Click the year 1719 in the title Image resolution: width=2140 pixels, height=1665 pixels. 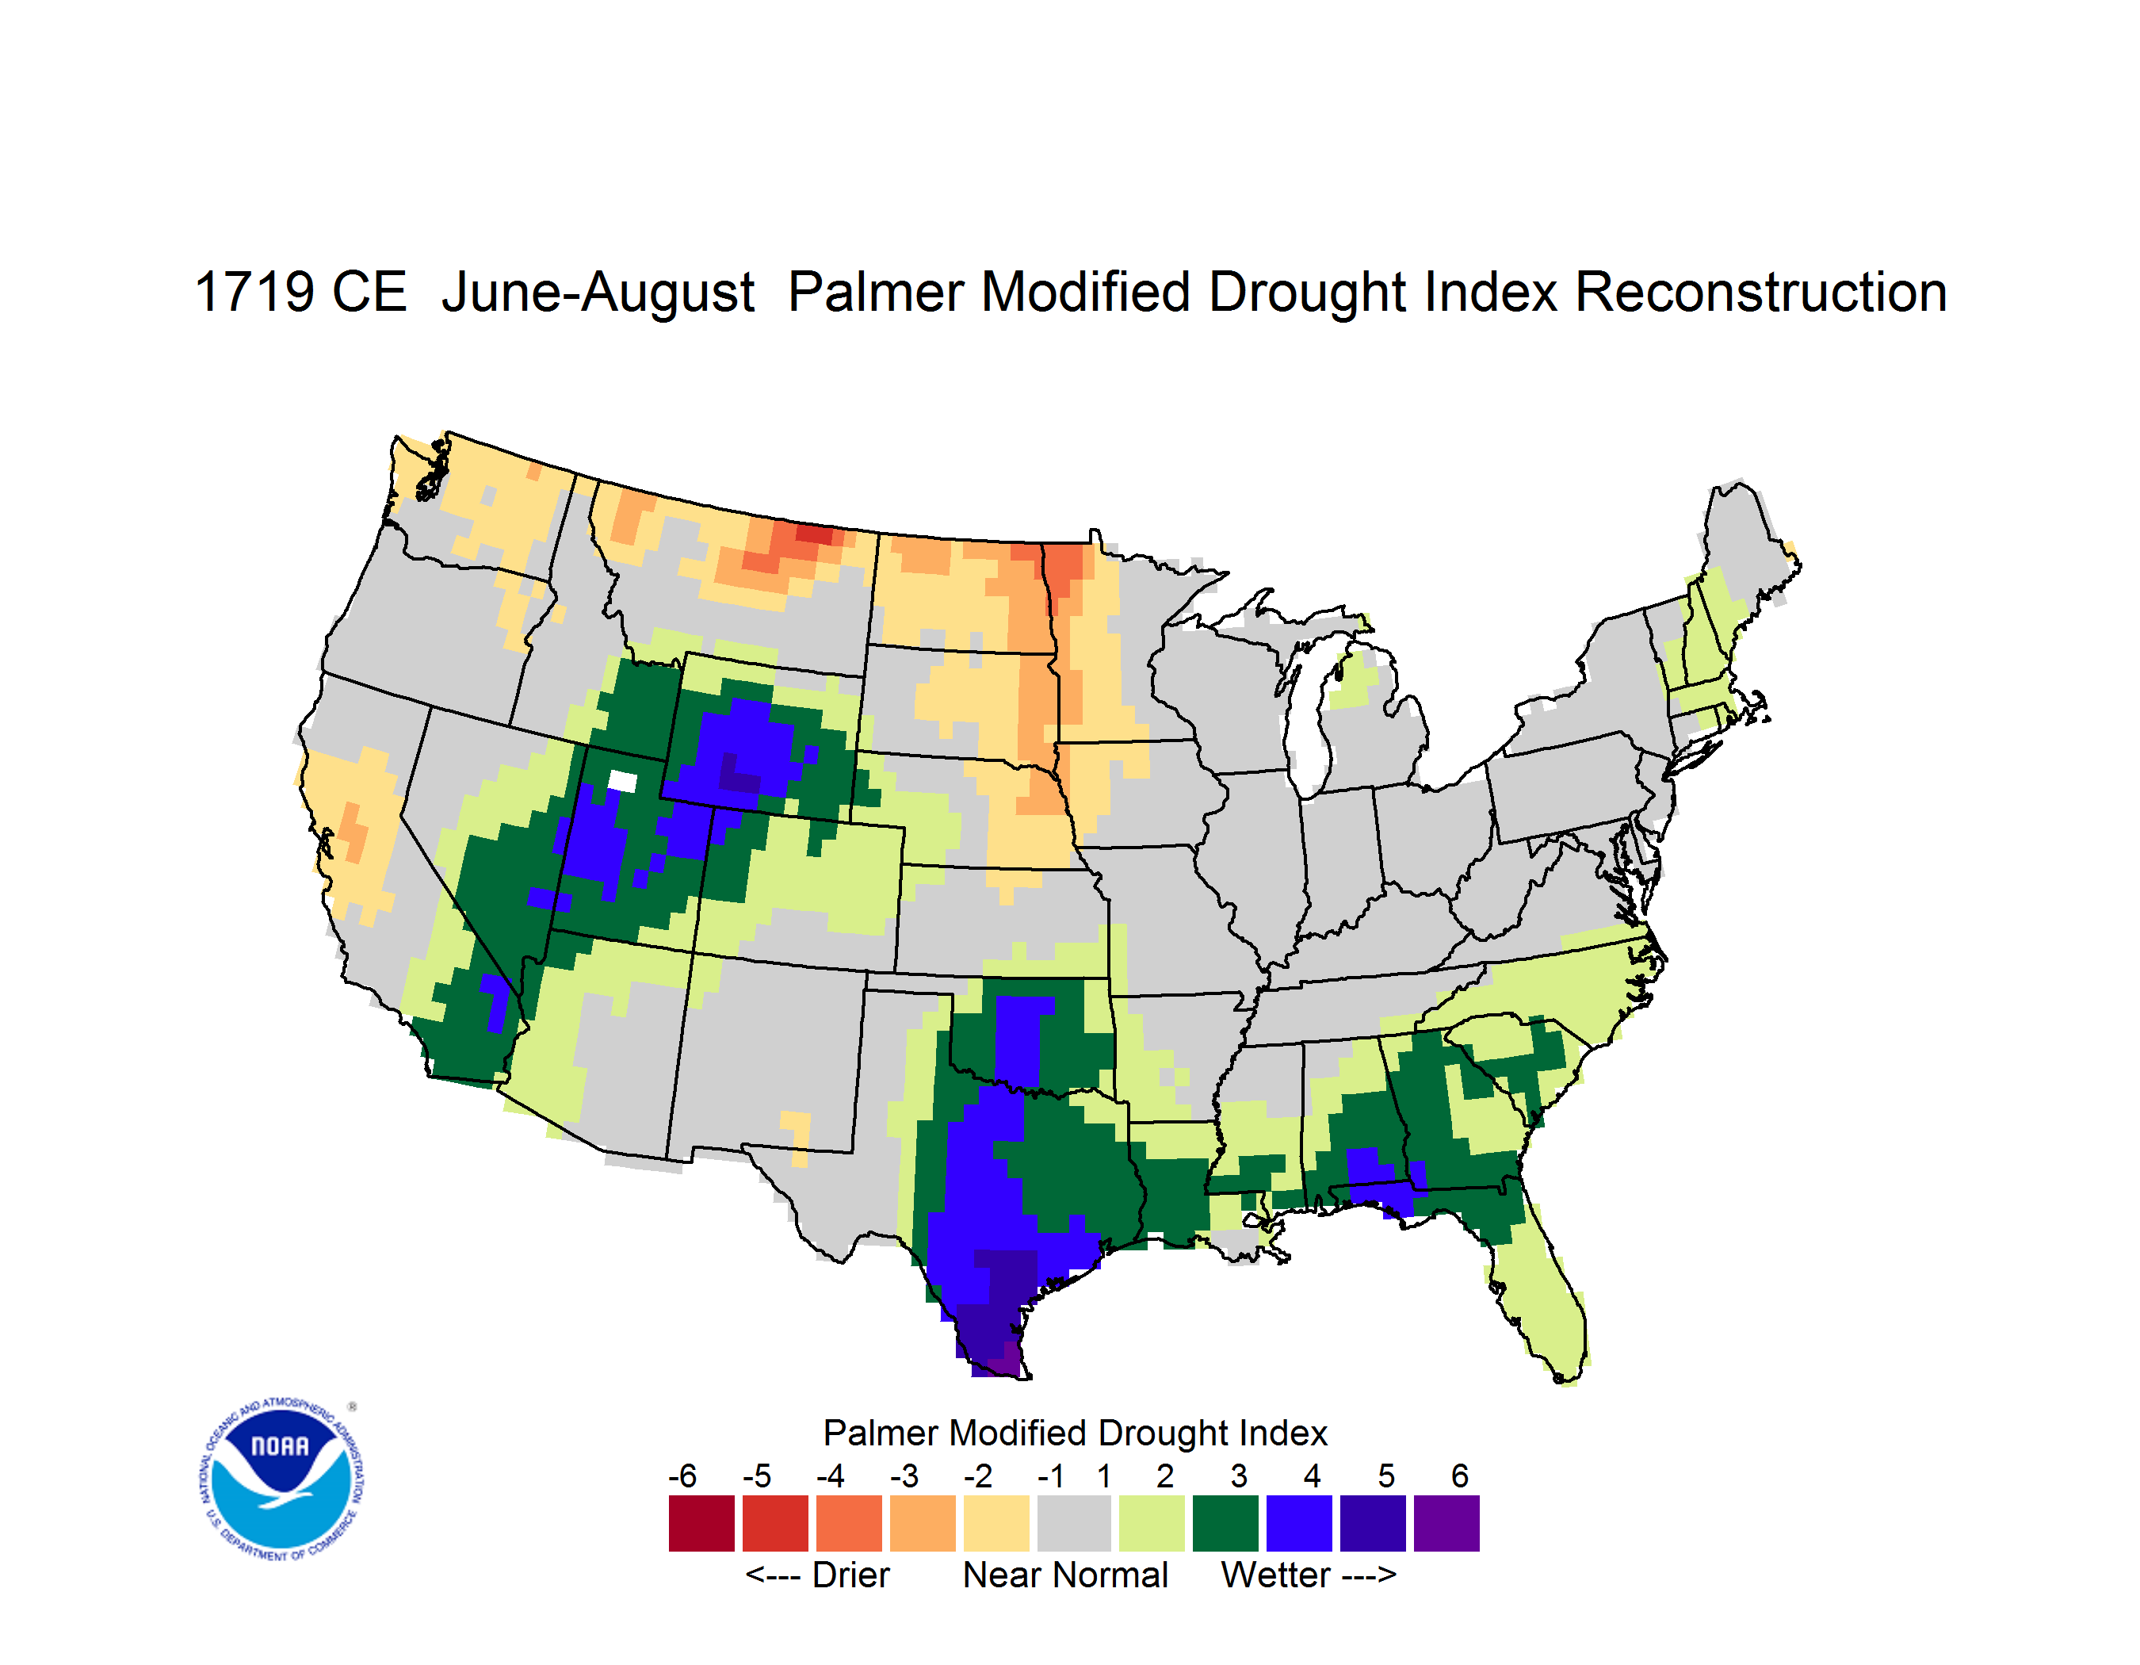[x=254, y=292]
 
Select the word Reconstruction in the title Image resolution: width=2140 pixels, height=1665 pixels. [x=1761, y=292]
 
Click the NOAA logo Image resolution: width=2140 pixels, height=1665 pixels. [x=281, y=1479]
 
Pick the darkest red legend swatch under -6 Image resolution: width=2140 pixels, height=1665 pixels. [x=701, y=1523]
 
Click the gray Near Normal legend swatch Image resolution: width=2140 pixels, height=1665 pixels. [x=1074, y=1523]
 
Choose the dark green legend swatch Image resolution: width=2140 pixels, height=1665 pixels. [x=1225, y=1523]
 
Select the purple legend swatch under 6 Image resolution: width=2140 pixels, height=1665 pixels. [x=1446, y=1523]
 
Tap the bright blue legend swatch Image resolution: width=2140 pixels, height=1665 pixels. [x=1299, y=1523]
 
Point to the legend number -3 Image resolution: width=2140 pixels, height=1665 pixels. [x=904, y=1476]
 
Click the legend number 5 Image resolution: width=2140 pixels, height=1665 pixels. [x=1386, y=1476]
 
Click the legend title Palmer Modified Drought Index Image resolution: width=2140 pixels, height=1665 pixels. [x=1075, y=1433]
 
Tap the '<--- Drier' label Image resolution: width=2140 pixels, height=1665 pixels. [x=817, y=1575]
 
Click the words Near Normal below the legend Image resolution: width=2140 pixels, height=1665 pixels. [x=1065, y=1575]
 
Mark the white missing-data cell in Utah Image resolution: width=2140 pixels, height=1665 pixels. [x=622, y=782]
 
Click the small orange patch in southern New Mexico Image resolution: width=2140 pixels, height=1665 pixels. [x=797, y=1137]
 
